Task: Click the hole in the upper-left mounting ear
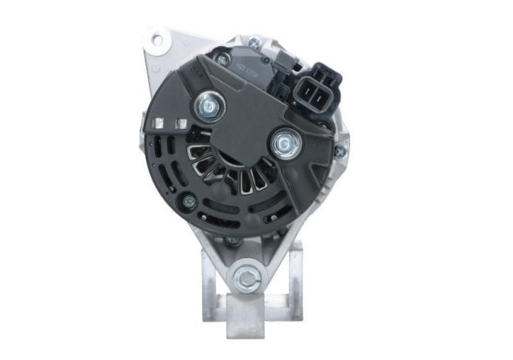click(159, 38)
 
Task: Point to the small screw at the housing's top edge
click(253, 43)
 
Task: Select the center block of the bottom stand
click(249, 313)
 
